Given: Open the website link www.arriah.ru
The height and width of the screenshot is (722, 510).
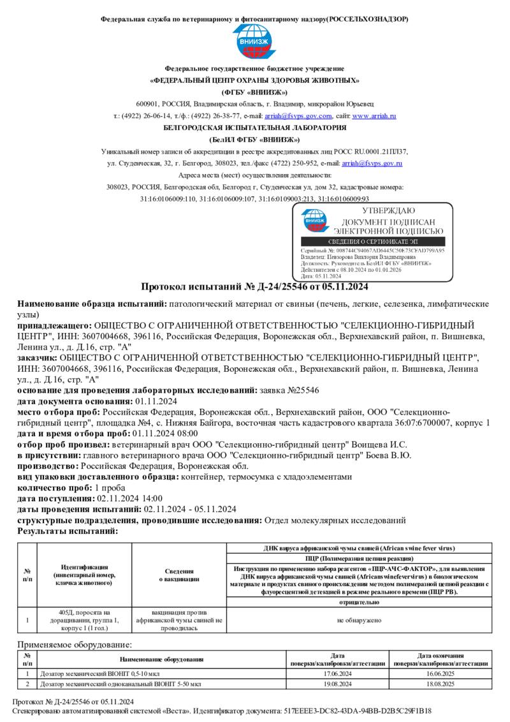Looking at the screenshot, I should coord(374,116).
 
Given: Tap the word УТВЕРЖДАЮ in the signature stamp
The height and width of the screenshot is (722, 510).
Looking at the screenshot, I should coord(388,210).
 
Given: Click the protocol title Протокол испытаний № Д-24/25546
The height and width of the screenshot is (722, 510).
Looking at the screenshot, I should coord(254,286).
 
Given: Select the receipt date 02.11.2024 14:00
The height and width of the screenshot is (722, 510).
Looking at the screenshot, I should coord(129,498).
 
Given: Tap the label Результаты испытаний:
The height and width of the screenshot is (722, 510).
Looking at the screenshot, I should coord(67,531).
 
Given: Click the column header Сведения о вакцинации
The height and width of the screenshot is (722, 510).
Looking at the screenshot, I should coord(179,575).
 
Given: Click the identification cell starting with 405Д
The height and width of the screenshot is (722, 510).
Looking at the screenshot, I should coord(84,619).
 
